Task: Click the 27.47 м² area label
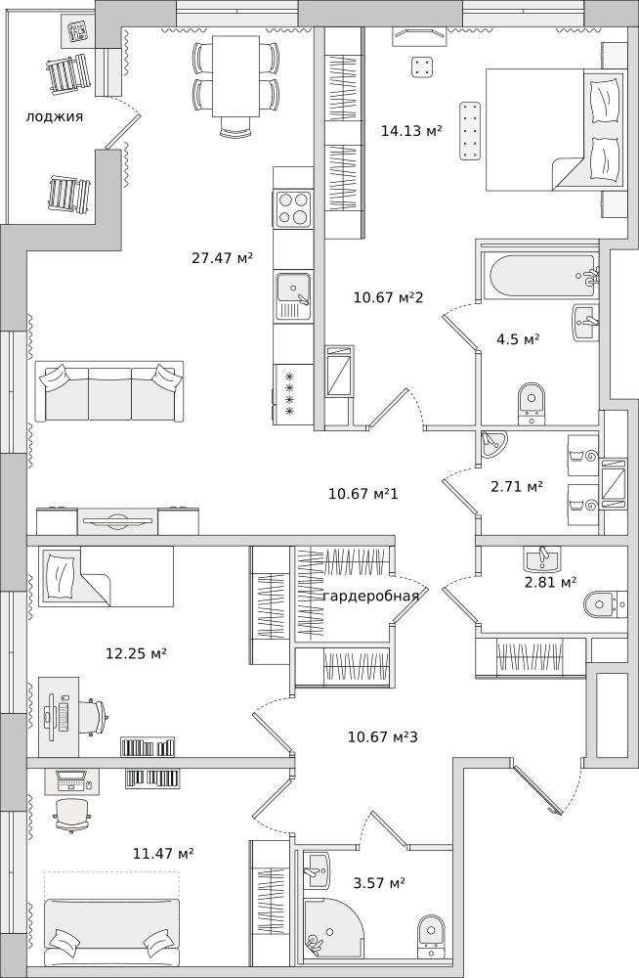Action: click(x=222, y=257)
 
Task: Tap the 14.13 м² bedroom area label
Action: click(x=411, y=130)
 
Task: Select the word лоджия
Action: click(x=55, y=116)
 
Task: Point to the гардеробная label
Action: click(x=371, y=596)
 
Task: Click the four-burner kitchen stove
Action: click(x=293, y=208)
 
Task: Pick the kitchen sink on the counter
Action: click(x=293, y=297)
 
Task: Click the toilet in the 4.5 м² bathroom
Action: click(x=532, y=402)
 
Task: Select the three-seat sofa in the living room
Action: click(x=109, y=392)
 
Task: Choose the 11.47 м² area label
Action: click(x=163, y=853)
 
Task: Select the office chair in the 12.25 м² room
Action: click(x=93, y=718)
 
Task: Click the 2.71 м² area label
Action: click(x=517, y=486)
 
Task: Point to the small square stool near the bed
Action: click(x=422, y=67)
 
